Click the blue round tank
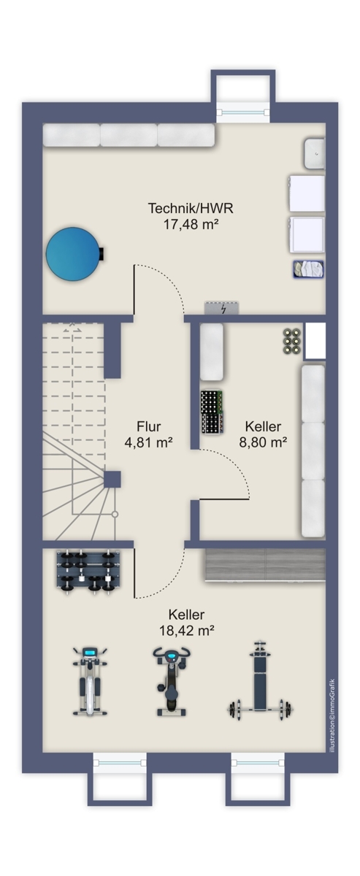(x=73, y=253)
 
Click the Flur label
(x=148, y=427)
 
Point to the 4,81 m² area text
(x=148, y=442)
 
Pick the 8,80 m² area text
(x=263, y=442)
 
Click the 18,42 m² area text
(x=186, y=629)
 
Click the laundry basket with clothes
(x=308, y=268)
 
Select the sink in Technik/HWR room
(x=315, y=153)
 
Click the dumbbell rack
(x=87, y=568)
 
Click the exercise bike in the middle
(x=170, y=680)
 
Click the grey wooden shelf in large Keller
(x=264, y=565)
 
